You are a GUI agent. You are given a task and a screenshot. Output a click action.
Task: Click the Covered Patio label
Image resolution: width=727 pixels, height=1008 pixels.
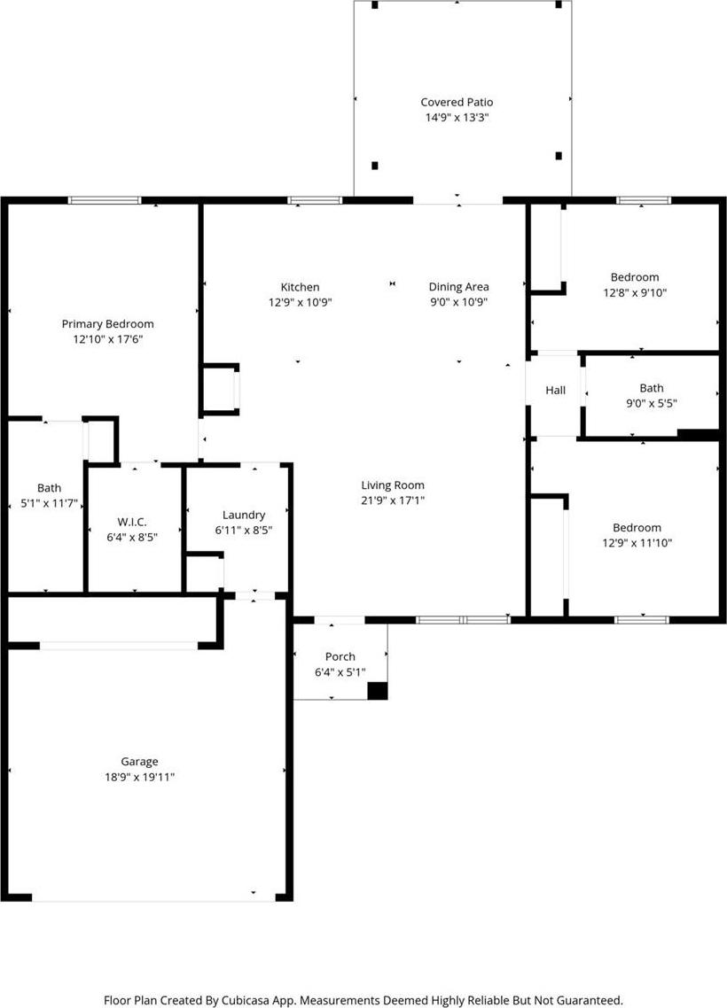pyautogui.click(x=457, y=102)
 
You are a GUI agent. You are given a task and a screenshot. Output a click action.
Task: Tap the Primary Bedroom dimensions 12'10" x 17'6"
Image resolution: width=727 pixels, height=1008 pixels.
pyautogui.click(x=107, y=338)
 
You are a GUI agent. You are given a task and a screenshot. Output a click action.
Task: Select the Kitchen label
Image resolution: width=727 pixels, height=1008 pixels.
pyautogui.click(x=300, y=287)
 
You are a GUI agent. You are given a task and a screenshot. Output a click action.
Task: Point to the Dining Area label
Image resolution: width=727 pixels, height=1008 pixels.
pyautogui.click(x=458, y=287)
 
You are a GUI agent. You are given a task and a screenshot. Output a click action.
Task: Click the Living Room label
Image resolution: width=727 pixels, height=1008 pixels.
pyautogui.click(x=393, y=485)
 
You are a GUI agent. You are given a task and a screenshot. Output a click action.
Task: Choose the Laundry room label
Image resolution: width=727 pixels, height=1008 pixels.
pyautogui.click(x=243, y=515)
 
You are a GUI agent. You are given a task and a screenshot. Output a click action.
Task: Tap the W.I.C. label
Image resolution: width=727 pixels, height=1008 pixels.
pyautogui.click(x=132, y=522)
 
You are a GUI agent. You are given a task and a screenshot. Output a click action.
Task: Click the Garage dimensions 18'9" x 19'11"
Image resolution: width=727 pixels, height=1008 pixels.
pyautogui.click(x=139, y=777)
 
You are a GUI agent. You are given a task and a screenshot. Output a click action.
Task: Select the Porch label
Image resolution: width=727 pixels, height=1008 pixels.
pyautogui.click(x=340, y=656)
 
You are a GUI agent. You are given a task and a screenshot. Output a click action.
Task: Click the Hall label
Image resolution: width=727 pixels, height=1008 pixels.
pyautogui.click(x=555, y=391)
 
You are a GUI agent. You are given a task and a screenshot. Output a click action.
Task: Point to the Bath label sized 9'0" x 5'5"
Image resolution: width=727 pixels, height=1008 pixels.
pyautogui.click(x=651, y=388)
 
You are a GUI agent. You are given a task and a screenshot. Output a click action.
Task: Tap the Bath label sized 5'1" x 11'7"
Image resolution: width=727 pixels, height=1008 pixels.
pyautogui.click(x=49, y=488)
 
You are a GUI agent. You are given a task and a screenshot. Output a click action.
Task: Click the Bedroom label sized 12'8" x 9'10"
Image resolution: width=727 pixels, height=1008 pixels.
pyautogui.click(x=635, y=277)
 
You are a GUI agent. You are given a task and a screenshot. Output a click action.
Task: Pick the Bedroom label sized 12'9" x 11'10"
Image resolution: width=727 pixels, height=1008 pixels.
pyautogui.click(x=637, y=528)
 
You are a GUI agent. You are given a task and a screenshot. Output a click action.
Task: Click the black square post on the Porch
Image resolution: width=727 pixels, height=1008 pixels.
pyautogui.click(x=377, y=690)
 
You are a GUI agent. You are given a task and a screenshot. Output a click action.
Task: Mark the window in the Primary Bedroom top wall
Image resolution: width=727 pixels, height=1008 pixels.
pyautogui.click(x=105, y=200)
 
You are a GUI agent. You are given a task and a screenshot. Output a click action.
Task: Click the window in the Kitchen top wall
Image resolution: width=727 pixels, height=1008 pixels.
pyautogui.click(x=315, y=200)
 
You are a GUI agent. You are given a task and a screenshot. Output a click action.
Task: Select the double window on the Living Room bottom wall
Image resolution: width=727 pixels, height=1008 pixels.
pyautogui.click(x=463, y=620)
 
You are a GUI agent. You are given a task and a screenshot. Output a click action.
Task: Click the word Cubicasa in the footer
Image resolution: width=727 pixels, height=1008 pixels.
pyautogui.click(x=248, y=1000)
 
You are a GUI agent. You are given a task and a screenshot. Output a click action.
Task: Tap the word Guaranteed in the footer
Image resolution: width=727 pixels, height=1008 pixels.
pyautogui.click(x=590, y=1000)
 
